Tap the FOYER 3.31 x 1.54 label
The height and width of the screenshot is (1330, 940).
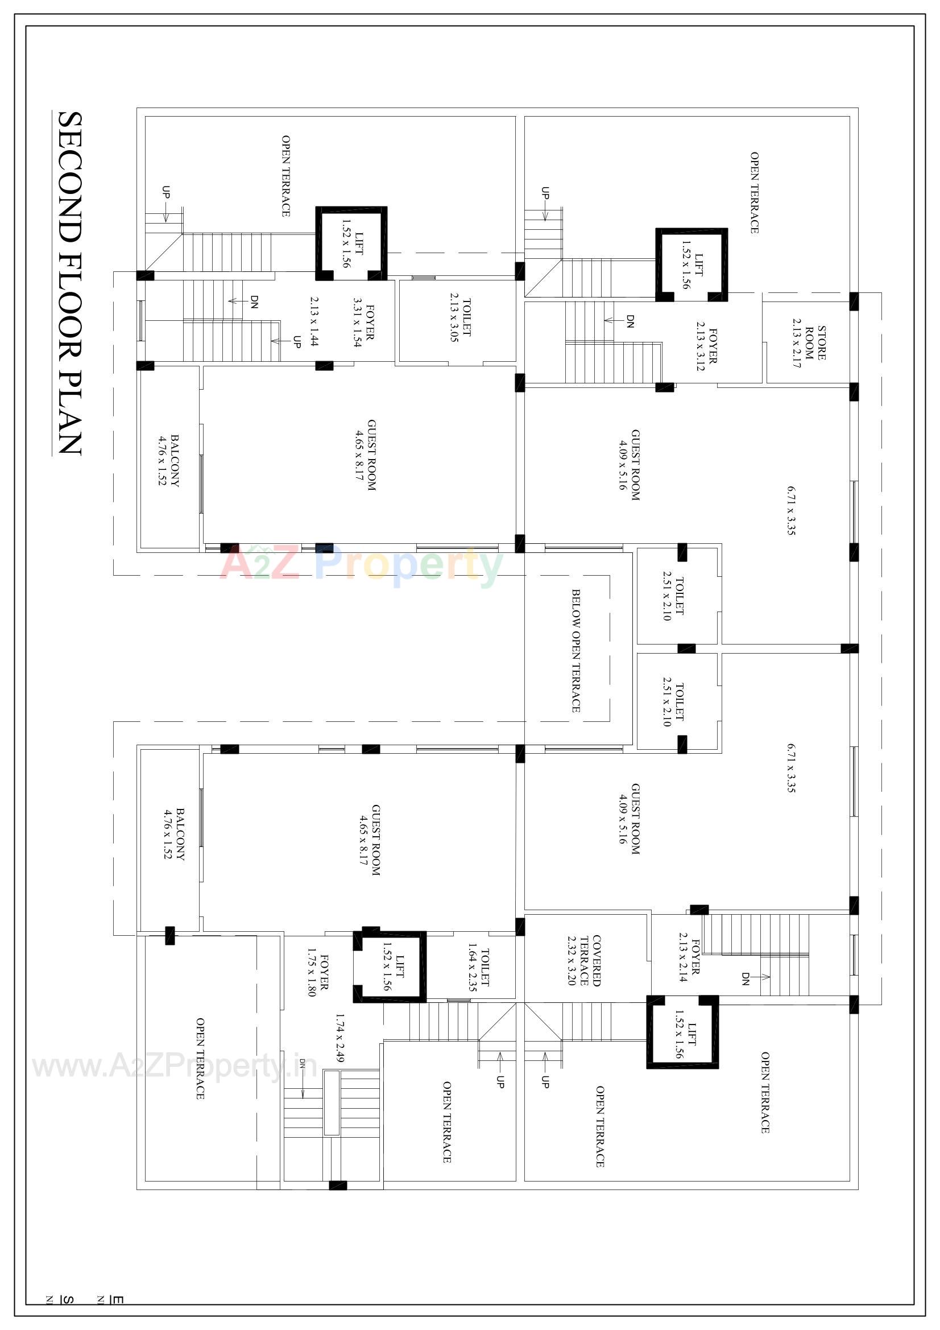[364, 322]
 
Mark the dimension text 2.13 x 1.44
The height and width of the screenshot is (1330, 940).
[314, 321]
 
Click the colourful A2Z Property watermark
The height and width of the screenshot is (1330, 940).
[362, 565]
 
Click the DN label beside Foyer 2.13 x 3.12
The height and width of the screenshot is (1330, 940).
[630, 321]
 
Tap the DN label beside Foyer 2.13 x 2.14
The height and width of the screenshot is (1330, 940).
[746, 979]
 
